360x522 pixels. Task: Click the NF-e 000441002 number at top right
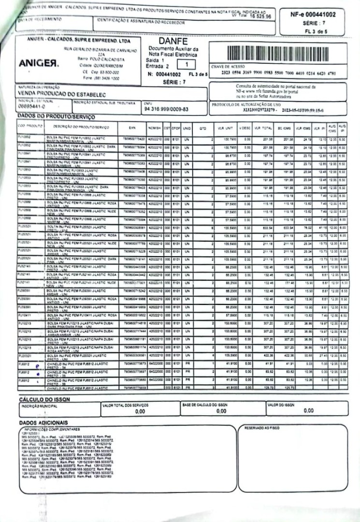[313, 14]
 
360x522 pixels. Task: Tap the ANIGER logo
[39, 64]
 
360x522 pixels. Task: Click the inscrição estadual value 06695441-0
[31, 106]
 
